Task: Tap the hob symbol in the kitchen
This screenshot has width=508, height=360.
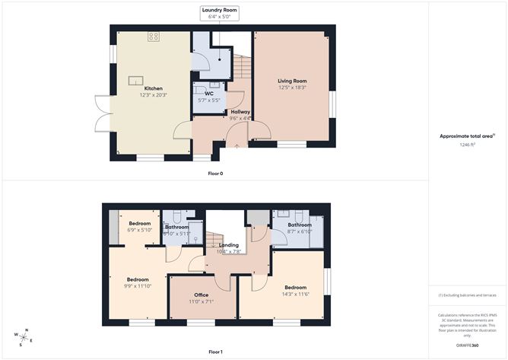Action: click(152, 36)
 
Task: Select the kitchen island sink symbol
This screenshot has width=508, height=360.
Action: click(138, 78)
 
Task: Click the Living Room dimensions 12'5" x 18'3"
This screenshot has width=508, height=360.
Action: click(291, 87)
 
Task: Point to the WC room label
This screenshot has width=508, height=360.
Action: click(208, 94)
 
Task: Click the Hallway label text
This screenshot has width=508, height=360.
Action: click(240, 111)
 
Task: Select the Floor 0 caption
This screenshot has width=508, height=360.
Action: click(215, 173)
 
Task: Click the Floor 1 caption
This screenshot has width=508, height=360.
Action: click(215, 352)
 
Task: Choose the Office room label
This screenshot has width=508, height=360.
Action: click(202, 295)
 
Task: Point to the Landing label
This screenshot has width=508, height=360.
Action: click(229, 245)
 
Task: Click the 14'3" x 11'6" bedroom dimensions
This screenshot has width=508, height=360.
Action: click(296, 294)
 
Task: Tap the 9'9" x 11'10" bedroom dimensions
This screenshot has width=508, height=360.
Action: click(137, 286)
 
